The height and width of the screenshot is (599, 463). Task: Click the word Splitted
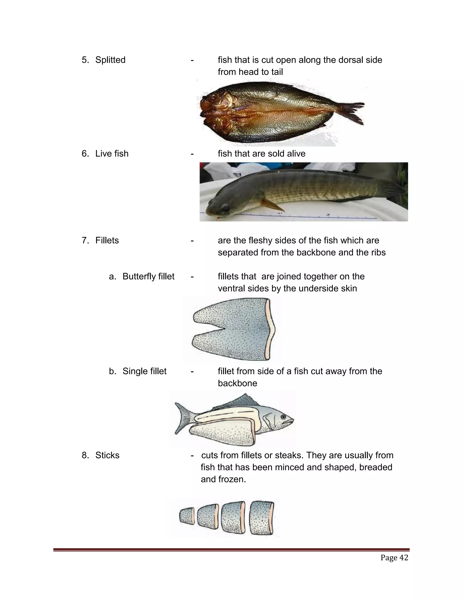click(110, 60)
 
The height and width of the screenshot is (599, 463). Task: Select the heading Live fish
click(112, 153)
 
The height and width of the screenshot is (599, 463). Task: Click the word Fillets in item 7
click(107, 241)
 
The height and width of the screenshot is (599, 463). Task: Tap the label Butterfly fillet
click(148, 276)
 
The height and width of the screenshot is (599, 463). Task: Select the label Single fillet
click(144, 371)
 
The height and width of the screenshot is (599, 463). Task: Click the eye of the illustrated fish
click(283, 417)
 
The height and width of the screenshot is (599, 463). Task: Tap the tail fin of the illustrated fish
click(183, 418)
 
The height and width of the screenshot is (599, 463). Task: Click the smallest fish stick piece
click(187, 516)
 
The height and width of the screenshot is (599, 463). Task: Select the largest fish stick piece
click(262, 518)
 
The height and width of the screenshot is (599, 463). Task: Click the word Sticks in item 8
click(107, 455)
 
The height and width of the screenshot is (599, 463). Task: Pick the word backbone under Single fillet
click(237, 383)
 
